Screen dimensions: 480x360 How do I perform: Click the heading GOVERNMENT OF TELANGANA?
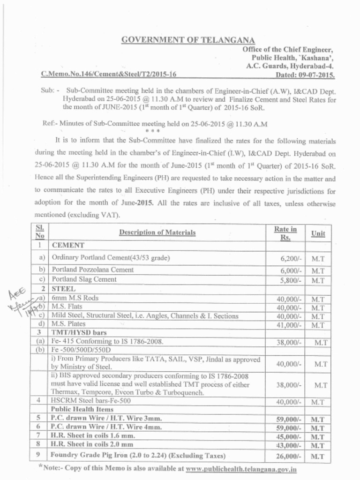click(x=188, y=40)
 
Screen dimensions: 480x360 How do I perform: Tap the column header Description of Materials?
click(x=157, y=232)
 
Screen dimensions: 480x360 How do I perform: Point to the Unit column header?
click(x=318, y=233)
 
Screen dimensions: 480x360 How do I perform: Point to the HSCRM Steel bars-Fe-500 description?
click(x=91, y=401)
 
